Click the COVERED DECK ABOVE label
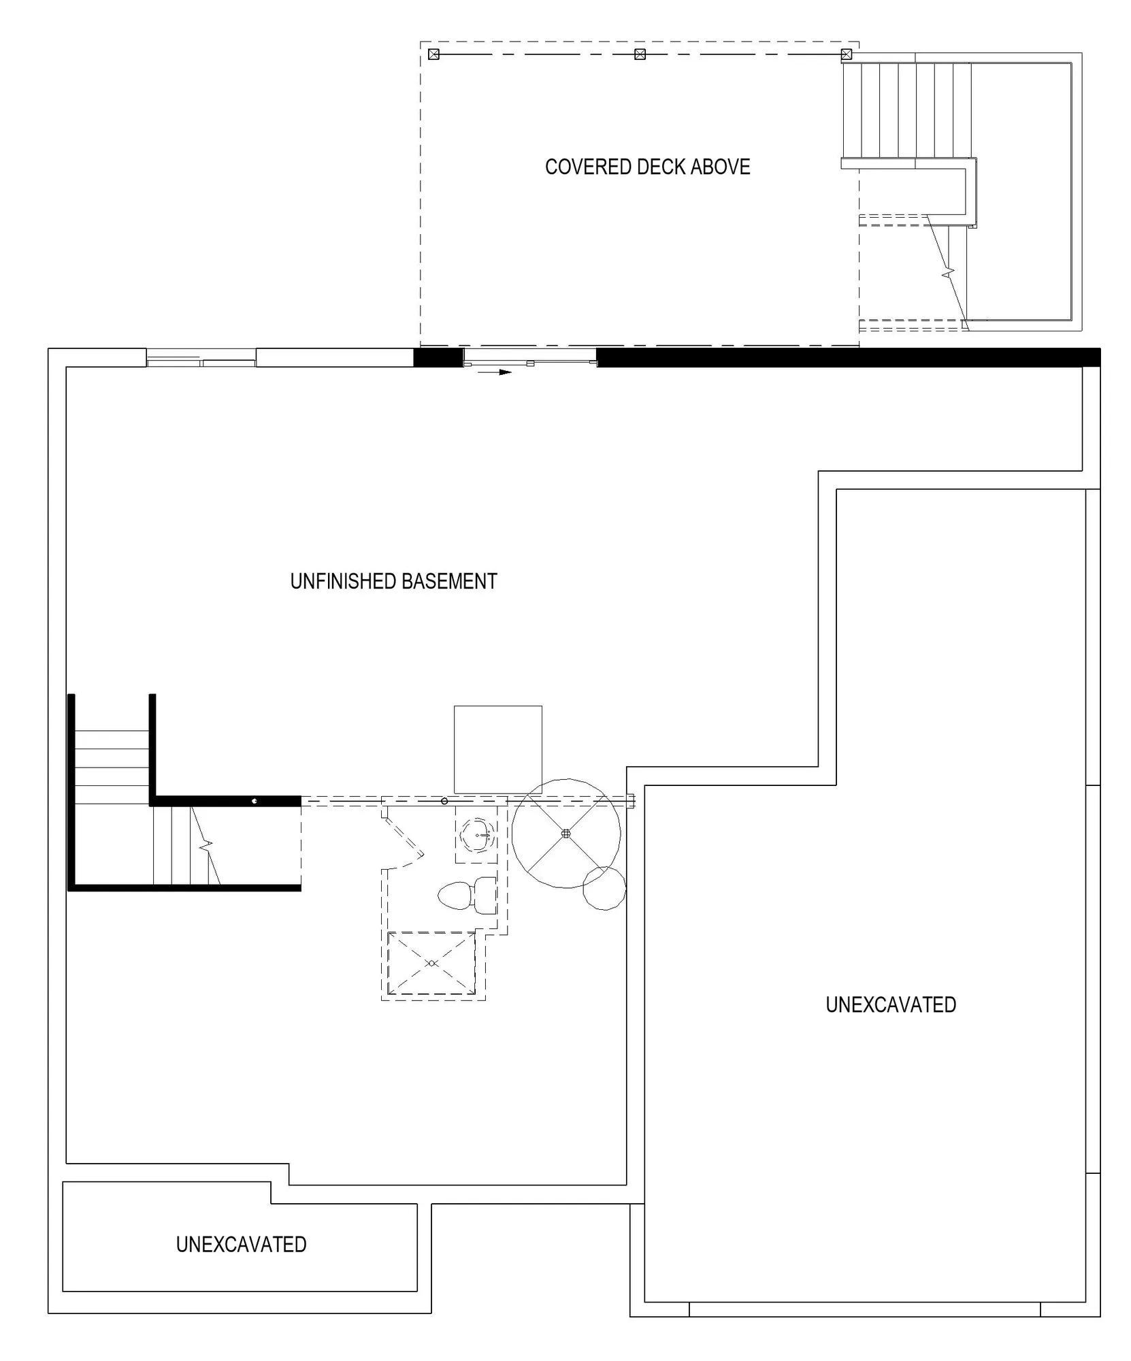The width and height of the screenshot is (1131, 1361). coord(647,167)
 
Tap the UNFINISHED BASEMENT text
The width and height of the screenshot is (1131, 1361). coord(393,581)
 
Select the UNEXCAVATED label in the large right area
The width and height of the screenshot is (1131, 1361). coord(891,1004)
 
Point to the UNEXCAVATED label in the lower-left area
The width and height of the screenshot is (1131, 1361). coord(241,1244)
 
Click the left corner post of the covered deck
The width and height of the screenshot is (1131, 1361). coord(433,54)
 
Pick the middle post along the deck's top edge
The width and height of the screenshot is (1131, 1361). coord(640,54)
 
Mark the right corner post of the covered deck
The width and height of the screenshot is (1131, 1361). coord(847,54)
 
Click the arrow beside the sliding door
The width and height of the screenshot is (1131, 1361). coord(494,372)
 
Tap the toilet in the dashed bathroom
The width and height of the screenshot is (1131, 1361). coord(467,896)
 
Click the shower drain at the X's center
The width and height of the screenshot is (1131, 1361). coord(431,964)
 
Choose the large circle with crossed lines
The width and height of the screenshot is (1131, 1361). coord(566,834)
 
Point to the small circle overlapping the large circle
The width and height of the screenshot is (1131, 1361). coord(604,888)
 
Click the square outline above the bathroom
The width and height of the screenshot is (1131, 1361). coord(498,749)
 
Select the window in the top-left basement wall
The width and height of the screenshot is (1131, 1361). coord(201,357)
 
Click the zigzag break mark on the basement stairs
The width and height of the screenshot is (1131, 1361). coord(206,846)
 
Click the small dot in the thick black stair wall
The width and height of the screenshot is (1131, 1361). coord(255,801)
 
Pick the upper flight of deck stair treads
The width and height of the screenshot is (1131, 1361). coord(906,110)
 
